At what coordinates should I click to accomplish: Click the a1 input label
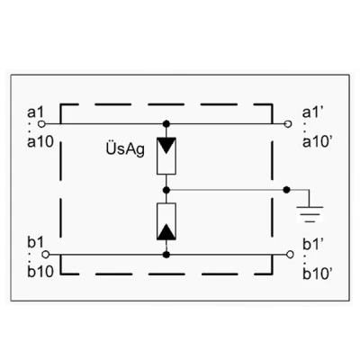[x=35, y=112]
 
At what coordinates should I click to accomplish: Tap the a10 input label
[x=40, y=142]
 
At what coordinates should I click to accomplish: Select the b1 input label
[x=35, y=242]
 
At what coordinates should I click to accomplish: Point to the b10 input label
[x=40, y=272]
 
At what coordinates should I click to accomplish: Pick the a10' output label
[x=317, y=142]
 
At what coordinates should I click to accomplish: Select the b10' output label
[x=317, y=274]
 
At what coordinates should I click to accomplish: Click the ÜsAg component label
[x=125, y=149]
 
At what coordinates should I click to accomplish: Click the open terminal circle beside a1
[x=41, y=123]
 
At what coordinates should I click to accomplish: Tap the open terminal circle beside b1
[x=45, y=255]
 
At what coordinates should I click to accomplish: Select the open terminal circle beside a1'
[x=288, y=123]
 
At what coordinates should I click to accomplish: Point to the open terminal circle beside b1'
[x=290, y=255]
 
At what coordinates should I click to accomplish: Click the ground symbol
[x=310, y=214]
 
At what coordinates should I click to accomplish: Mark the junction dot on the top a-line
[x=166, y=123]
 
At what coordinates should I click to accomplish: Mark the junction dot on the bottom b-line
[x=166, y=255]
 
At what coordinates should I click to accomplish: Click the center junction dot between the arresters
[x=166, y=190]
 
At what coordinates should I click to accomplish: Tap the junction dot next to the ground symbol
[x=287, y=190]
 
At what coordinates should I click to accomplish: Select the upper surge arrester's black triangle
[x=166, y=145]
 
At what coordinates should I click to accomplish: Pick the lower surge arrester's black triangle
[x=166, y=232]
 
